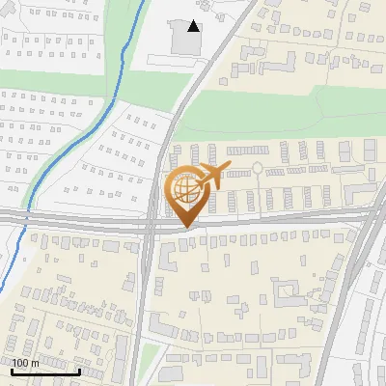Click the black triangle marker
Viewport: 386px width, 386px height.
coord(194,27)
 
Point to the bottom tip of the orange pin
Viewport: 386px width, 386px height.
coord(182,227)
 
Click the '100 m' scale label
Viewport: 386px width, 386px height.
coord(25,363)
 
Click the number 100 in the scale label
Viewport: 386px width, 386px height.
coord(20,363)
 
